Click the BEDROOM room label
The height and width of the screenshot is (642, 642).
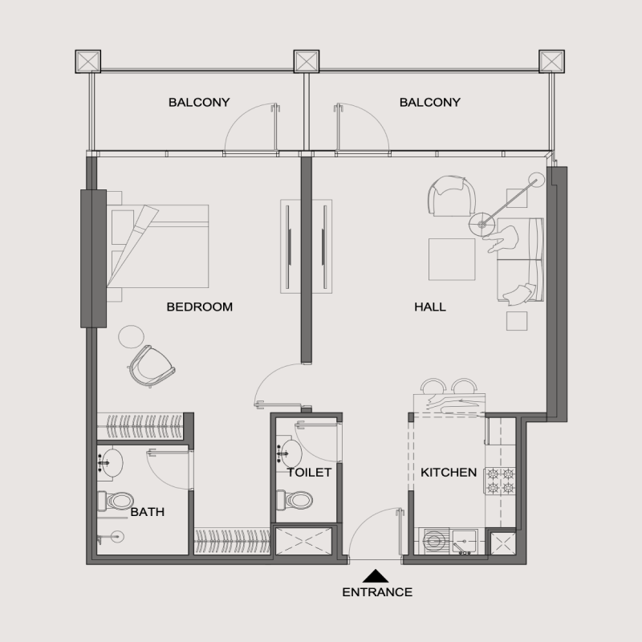pos(199,307)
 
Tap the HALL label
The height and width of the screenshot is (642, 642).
pos(430,307)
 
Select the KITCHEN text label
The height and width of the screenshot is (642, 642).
pos(449,473)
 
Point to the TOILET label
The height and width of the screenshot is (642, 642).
pos(309,473)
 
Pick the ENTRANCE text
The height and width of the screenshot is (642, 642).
pos(377,593)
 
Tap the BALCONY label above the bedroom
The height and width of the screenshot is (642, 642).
pos(198,102)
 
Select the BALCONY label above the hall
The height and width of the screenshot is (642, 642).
pos(429,102)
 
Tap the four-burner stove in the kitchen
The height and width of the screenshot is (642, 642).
pos(498,480)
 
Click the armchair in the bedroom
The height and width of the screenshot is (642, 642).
pos(152,364)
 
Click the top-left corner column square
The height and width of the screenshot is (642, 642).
pos(87,61)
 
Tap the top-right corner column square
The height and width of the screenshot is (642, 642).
pos(552,61)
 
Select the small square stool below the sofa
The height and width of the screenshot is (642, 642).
pos(517,320)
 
